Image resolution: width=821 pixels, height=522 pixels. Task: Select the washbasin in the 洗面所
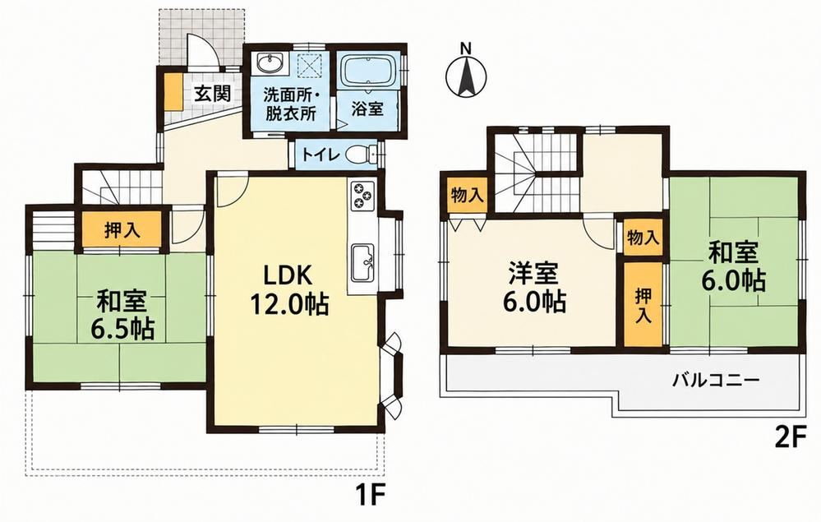[x=270, y=64]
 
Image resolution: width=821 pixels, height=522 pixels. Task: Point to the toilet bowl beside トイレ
[x=360, y=155]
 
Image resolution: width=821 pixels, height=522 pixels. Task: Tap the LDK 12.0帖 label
[x=288, y=289]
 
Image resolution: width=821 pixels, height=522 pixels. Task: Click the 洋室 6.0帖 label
[x=533, y=287]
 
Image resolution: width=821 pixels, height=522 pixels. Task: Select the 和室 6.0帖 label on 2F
[x=733, y=266]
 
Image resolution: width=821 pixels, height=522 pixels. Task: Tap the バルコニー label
[x=716, y=379]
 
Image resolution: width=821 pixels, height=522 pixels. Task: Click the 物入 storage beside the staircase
[x=467, y=196]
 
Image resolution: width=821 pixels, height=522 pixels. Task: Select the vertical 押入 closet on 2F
[x=643, y=304]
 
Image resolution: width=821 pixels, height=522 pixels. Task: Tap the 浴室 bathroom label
[x=367, y=109]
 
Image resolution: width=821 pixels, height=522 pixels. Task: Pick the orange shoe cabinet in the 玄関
[x=173, y=91]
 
